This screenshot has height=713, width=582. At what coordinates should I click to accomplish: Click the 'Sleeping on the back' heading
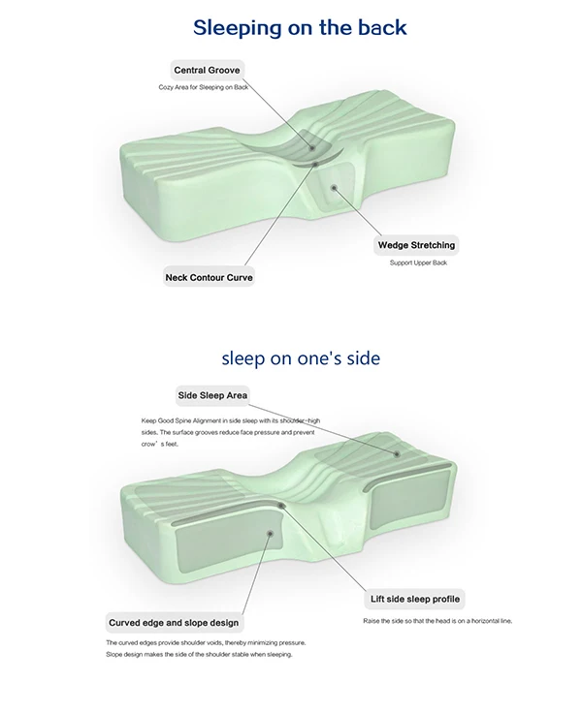[300, 28]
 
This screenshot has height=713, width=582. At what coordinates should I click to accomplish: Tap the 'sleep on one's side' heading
[301, 358]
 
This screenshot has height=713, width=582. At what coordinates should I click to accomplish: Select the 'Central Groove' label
[207, 70]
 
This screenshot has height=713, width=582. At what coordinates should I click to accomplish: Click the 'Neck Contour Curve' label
[209, 277]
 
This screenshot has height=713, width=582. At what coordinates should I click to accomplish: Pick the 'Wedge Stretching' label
[416, 245]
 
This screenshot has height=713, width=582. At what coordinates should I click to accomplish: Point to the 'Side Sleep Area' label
[212, 395]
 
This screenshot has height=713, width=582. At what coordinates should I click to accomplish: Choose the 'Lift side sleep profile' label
[415, 599]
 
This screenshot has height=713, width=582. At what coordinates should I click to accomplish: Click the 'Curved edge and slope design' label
[174, 623]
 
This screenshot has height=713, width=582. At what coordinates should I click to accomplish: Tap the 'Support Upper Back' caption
[418, 263]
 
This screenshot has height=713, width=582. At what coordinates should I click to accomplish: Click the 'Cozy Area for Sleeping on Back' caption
[203, 87]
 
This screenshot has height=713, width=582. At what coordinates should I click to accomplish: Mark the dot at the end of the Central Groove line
[312, 148]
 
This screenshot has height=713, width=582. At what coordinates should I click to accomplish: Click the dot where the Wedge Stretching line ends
[334, 187]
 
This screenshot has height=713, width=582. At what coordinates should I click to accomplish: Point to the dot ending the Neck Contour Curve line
[314, 164]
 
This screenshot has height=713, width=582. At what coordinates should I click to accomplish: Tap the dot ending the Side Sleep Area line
[397, 453]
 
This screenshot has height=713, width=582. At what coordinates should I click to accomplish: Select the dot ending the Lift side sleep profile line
[281, 506]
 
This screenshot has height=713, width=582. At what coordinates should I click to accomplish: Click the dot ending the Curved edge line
[270, 533]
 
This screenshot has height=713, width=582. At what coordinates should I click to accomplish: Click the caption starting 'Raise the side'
[437, 621]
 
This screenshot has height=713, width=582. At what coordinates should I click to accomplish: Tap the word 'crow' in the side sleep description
[148, 445]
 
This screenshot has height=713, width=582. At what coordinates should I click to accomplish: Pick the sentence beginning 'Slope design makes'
[199, 654]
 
